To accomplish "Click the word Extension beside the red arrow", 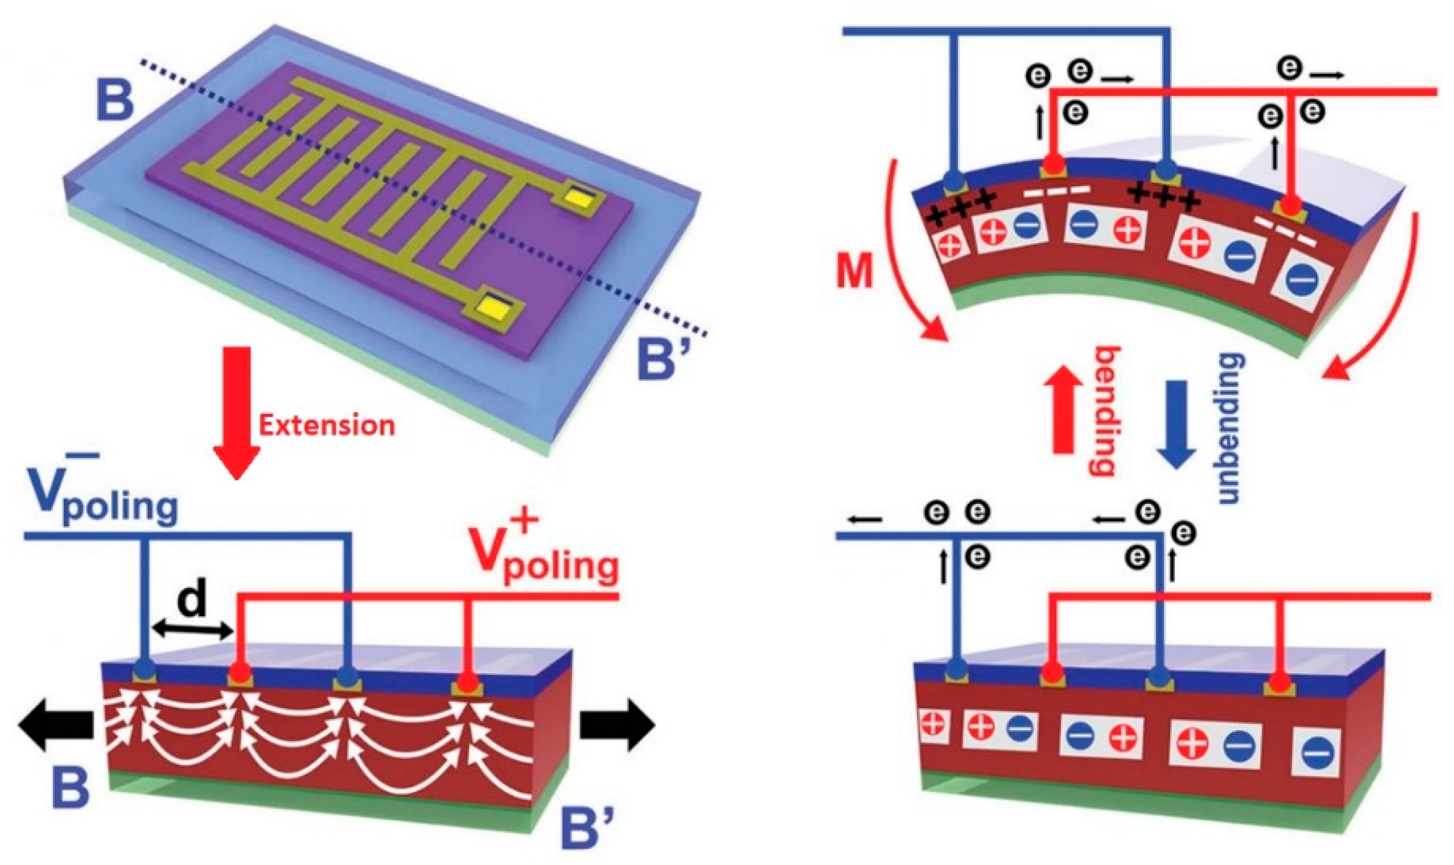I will point(326,426).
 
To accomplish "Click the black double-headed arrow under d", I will point(192,629).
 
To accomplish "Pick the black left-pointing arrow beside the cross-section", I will point(55,726).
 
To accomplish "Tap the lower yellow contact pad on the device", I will point(491,304).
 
